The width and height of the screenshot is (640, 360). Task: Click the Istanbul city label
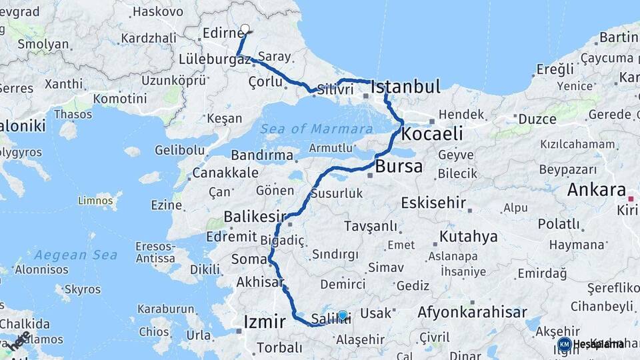(405, 87)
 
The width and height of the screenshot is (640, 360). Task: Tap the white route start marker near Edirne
(245, 29)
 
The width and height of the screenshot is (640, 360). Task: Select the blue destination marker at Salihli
(343, 315)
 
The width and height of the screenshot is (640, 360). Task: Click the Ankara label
(597, 190)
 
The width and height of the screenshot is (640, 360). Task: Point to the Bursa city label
(399, 167)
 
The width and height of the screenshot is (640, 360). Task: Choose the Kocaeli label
(431, 134)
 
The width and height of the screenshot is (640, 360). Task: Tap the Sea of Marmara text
(317, 129)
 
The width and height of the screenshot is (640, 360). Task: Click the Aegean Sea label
(76, 255)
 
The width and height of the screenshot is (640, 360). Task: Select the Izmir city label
(265, 323)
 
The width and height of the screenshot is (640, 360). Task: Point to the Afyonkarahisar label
(472, 312)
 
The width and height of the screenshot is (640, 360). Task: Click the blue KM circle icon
(564, 344)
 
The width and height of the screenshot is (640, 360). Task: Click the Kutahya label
(468, 237)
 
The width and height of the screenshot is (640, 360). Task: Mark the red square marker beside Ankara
(631, 198)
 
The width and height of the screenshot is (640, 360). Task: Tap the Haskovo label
(158, 11)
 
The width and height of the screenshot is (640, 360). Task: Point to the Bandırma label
(262, 155)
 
